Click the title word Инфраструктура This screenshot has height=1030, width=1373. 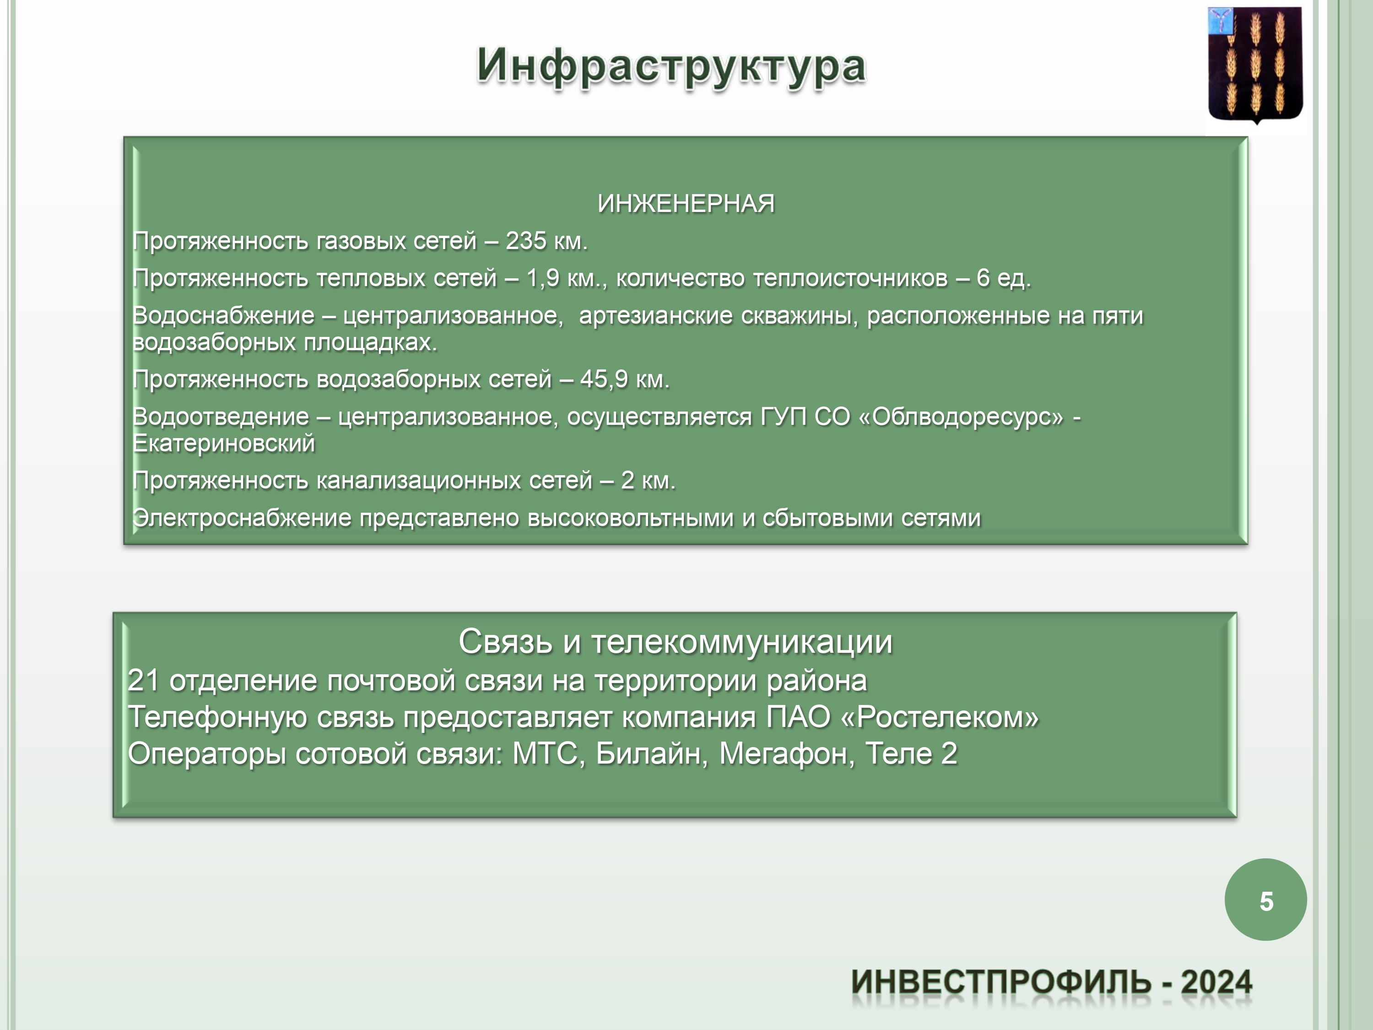pos(671,66)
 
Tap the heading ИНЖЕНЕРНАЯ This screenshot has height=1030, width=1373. pos(686,204)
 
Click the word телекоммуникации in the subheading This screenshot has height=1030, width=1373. pos(742,641)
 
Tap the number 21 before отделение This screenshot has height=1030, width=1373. pos(143,680)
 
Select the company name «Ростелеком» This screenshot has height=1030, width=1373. pos(939,717)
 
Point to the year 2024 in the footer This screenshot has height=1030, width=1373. pos(1216,982)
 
